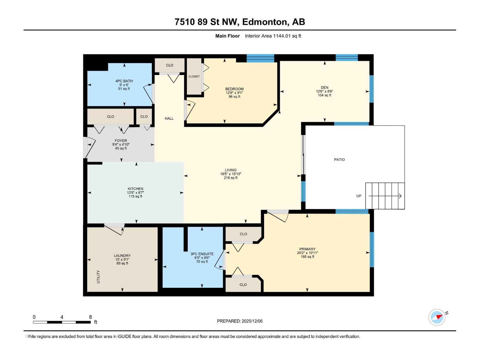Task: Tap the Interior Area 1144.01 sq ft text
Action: pos(273,36)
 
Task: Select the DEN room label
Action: pos(324,88)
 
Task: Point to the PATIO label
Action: pos(339,160)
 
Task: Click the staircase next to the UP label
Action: pos(385,196)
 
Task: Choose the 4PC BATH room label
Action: pos(124,81)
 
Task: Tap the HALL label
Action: pos(169,118)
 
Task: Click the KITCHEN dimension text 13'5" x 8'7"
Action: pos(135,193)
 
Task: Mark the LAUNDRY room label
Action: pos(122,256)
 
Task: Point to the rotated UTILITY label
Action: pos(98,277)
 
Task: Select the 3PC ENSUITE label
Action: pos(202,254)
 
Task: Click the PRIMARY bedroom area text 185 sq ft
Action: pos(307,257)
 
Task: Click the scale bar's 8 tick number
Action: pos(90,317)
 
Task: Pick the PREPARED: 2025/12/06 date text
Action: pos(240,321)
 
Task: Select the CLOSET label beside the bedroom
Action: pos(194,76)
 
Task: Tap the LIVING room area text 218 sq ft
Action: pos(230,178)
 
